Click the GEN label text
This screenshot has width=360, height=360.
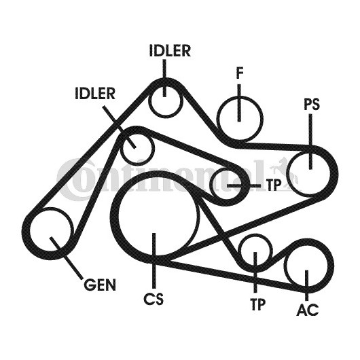point(100,285)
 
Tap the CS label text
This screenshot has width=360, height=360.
point(154,298)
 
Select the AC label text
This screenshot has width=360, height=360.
point(308,309)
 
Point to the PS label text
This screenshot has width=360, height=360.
point(312,104)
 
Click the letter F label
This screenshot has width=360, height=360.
point(240,73)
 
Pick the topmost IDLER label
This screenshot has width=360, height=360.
point(170,50)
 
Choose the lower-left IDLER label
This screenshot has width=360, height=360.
point(95,94)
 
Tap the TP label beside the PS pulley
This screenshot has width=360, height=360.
point(274,185)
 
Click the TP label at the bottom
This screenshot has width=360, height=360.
point(257,304)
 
